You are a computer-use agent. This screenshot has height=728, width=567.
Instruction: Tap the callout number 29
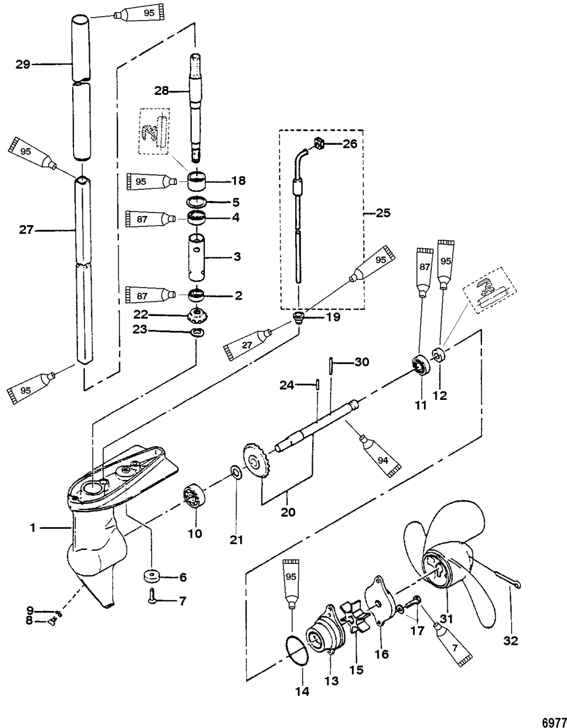[x=23, y=64]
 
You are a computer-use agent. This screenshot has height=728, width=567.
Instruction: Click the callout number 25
[x=383, y=213]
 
